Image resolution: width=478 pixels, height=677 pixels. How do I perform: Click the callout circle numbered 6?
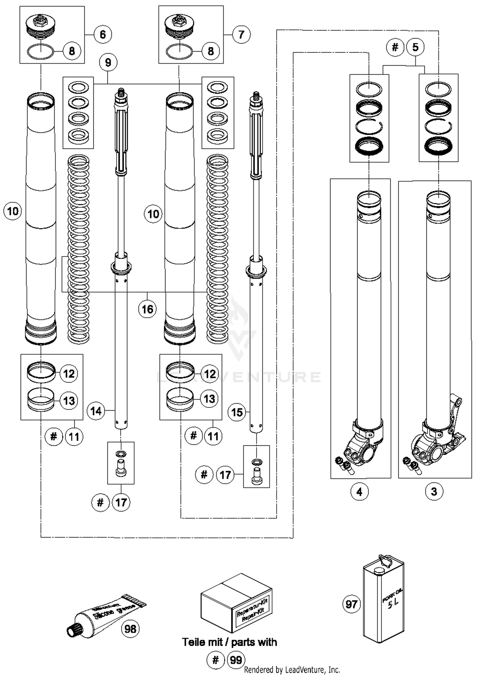tap(103, 34)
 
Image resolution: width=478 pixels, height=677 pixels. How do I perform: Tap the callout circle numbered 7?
tap(241, 34)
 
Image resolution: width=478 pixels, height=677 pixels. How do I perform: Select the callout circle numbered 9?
tap(108, 62)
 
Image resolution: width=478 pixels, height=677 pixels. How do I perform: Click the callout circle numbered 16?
tap(147, 309)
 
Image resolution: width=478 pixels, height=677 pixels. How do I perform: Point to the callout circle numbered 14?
tap(96, 411)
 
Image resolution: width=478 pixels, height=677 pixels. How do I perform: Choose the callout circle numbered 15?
tap(237, 413)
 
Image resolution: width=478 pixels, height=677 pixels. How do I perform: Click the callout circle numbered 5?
tap(415, 47)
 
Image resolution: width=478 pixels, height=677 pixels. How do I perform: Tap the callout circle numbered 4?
tap(359, 492)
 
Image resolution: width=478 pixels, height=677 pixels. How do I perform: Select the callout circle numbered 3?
tap(434, 492)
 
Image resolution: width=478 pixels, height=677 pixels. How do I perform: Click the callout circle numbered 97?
tap(351, 604)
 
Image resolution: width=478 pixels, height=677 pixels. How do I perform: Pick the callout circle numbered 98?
tap(130, 629)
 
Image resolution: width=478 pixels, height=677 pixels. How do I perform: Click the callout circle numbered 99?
tap(236, 660)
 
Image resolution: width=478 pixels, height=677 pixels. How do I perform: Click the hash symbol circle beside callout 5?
tap(395, 47)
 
